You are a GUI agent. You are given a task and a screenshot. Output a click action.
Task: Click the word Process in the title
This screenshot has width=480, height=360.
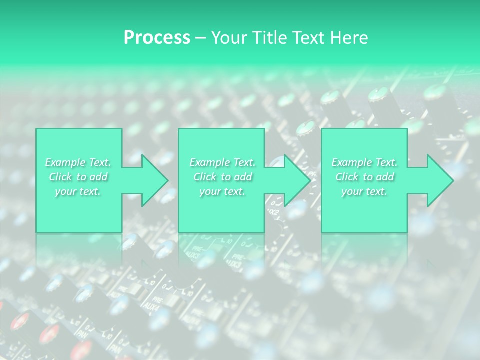pos(157,38)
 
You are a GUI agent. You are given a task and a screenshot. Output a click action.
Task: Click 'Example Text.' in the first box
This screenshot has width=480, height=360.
pos(78,162)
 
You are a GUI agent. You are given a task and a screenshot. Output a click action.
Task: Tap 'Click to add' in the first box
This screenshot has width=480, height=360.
pos(78,177)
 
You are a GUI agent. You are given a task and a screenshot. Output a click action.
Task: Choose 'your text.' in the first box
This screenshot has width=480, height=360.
pos(78,191)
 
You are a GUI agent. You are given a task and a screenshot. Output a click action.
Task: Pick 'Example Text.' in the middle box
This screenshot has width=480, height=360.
pos(222,162)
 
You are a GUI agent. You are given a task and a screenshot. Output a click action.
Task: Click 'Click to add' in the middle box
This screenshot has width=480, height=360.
pos(223,177)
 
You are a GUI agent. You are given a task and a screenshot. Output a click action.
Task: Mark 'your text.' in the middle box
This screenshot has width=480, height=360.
pos(222,191)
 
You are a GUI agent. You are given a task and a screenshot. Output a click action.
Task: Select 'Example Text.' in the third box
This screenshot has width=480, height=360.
pos(364,162)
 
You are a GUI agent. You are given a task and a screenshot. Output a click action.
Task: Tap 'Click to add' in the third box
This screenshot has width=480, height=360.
pos(365,177)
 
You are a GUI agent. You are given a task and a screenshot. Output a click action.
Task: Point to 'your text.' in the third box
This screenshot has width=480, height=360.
pos(364,191)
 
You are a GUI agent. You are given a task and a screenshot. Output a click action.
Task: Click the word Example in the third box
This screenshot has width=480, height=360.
pos(352,162)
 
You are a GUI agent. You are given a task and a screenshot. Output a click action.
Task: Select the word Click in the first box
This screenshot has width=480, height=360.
pos(60,177)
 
